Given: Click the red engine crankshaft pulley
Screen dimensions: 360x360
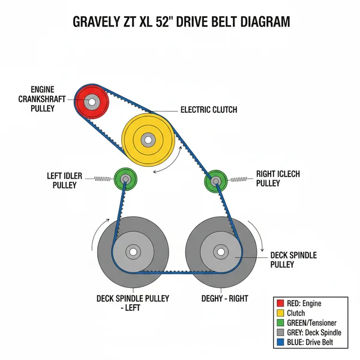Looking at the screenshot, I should click(x=92, y=101).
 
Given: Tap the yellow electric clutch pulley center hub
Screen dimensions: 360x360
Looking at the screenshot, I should click(x=147, y=140).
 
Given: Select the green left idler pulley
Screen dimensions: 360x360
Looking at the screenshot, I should click(x=125, y=178).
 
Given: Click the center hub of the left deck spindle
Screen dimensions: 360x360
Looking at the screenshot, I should click(x=133, y=251).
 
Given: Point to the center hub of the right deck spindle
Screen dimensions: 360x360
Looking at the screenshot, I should click(x=221, y=251).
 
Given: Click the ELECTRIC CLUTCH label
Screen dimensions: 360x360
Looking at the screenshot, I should click(x=209, y=110).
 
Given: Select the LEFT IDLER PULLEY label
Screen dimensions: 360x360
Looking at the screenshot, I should click(x=62, y=181).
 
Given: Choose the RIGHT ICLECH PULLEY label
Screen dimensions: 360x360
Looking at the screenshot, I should click(x=278, y=178).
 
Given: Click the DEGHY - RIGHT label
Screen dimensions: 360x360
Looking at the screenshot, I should click(x=224, y=298).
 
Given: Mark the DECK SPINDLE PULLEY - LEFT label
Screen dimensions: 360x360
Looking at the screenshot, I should click(x=133, y=303).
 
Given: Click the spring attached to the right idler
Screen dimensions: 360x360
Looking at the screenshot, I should click(x=238, y=178).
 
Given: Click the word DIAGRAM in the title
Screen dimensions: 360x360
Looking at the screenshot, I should click(x=259, y=22).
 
